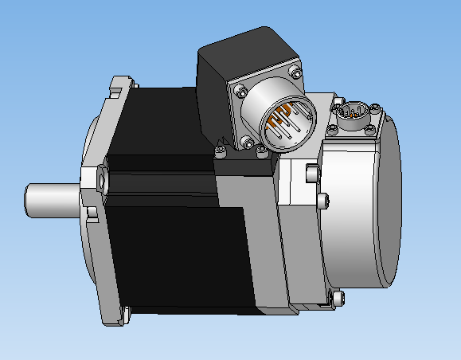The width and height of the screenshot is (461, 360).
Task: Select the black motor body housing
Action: [x=167, y=223]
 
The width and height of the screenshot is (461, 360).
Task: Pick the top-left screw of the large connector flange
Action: [x=239, y=88]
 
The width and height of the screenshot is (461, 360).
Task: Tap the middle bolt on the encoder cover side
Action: [x=322, y=199]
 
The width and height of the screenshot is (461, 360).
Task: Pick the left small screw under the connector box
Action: [x=220, y=147]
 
